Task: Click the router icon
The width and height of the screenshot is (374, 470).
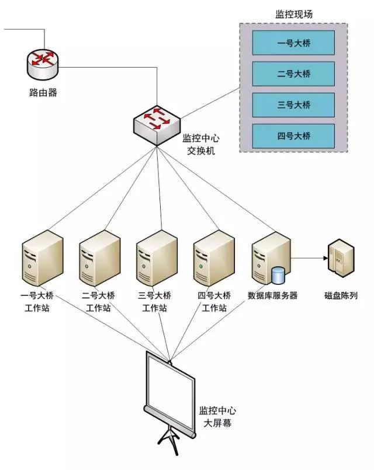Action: click(43, 64)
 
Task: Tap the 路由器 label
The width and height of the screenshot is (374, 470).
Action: click(43, 92)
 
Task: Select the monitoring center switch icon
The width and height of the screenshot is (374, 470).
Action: click(157, 126)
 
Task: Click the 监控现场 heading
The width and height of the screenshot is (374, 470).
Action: click(293, 15)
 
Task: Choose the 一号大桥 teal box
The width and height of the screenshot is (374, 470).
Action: click(293, 43)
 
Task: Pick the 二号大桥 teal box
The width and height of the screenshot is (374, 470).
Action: click(293, 74)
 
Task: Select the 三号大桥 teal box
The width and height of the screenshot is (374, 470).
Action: click(293, 105)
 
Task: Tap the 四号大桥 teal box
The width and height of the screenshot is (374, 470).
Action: click(293, 136)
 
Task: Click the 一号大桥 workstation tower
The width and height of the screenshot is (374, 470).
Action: click(43, 258)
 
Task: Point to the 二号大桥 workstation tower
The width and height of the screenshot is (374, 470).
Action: click(99, 258)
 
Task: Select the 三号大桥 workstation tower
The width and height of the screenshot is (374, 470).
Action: click(157, 258)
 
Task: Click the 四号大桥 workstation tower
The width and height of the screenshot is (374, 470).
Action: click(213, 258)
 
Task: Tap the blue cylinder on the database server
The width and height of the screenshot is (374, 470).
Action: click(278, 276)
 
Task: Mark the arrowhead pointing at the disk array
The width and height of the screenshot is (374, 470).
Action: click(325, 258)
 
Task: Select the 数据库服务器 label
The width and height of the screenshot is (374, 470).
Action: click(272, 295)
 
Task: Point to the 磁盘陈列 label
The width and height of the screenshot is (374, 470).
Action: click(341, 295)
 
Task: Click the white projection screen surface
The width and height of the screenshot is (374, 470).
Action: click(169, 391)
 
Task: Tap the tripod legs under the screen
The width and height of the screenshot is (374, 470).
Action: click(170, 441)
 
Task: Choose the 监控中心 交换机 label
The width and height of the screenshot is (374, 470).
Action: click(201, 144)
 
